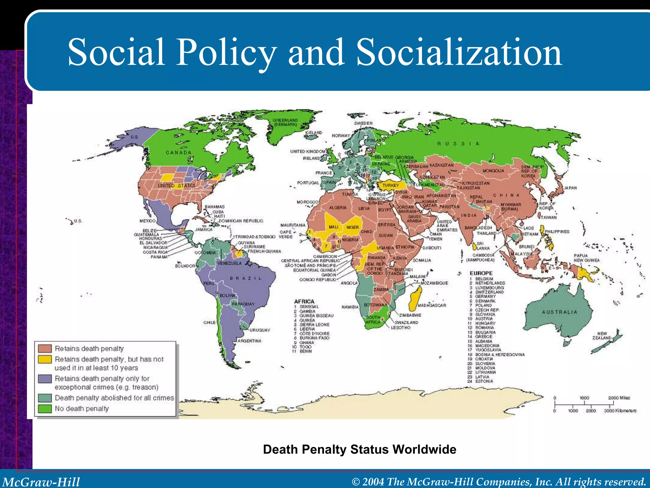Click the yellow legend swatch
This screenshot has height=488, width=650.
pos(45,359)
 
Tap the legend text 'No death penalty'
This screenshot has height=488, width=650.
pos(82,409)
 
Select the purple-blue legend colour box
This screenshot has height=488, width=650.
pos(45,379)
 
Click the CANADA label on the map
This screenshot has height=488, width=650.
pos(179,152)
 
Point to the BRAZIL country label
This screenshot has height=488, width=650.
pos(246,278)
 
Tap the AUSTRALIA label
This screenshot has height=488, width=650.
pos(559,312)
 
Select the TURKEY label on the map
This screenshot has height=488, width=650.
pos(391,185)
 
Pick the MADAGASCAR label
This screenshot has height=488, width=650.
pos(432,305)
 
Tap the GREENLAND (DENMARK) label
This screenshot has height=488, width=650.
pos(285,122)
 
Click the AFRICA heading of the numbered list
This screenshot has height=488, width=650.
pos(304,301)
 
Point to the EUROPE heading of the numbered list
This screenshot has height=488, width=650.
pos(481,273)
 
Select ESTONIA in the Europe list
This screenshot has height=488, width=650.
pos(484,381)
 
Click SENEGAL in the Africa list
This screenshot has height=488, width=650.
pos(309,307)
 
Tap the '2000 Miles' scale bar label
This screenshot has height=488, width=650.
pos(619,398)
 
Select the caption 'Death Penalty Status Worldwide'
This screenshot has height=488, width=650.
pos(360,450)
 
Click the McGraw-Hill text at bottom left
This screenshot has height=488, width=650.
pos(41,482)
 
